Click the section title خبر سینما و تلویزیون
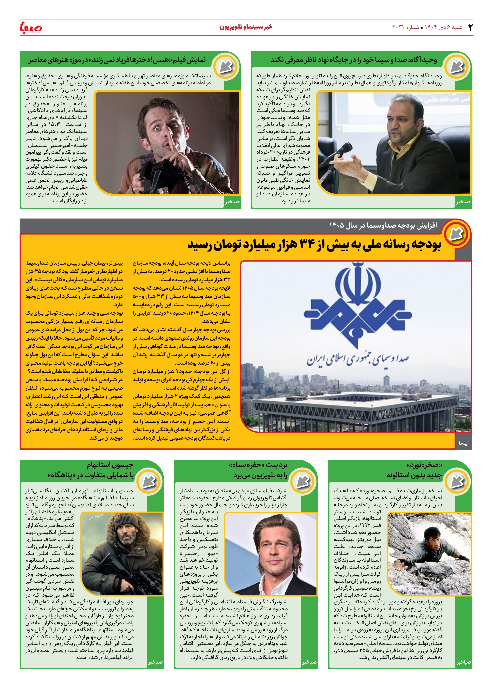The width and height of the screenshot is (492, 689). [x=246, y=27]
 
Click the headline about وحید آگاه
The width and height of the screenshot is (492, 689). [x=353, y=60]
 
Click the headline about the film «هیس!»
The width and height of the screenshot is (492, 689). [x=117, y=60]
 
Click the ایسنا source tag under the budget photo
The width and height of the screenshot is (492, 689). [x=463, y=443]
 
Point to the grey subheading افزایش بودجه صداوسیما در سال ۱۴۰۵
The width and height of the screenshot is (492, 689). [x=383, y=226]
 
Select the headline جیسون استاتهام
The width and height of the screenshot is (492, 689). [x=110, y=465]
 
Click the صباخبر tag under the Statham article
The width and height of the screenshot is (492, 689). [x=155, y=662]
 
